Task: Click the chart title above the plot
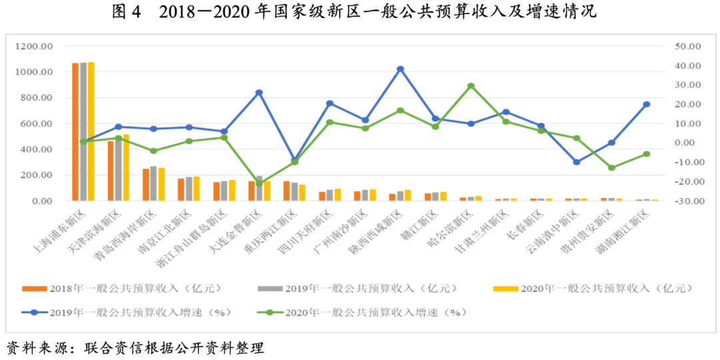359,12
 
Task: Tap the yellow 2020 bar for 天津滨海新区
126,167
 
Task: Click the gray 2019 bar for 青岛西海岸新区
154,183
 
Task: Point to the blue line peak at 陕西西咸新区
400,69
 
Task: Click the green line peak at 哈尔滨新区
471,86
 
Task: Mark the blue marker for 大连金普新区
259,93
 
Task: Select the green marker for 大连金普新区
259,183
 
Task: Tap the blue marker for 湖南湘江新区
647,105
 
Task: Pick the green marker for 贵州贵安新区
611,167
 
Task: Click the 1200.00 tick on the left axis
37,47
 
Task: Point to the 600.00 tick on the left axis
38,124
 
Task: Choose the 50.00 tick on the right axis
687,47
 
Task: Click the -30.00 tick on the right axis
687,201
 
